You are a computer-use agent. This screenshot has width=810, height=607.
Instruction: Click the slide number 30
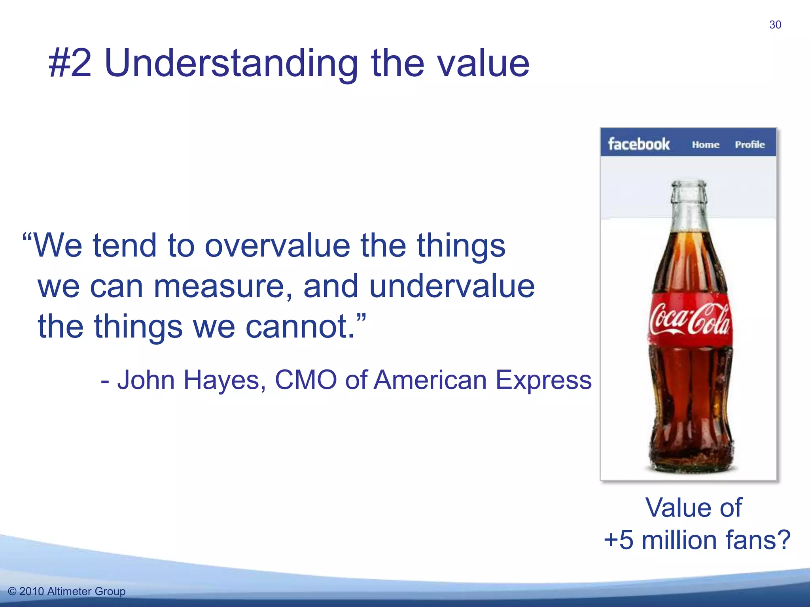coord(775,25)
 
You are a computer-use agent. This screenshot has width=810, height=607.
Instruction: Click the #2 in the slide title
coord(70,63)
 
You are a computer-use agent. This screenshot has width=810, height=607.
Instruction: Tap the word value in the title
coord(484,63)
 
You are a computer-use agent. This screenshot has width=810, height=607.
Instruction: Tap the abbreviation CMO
coord(305,380)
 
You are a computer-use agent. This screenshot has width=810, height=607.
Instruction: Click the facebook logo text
coord(638,144)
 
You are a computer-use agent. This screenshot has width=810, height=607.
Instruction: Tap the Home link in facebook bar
coord(705,145)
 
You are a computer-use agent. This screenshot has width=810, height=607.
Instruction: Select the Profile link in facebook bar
coord(749,145)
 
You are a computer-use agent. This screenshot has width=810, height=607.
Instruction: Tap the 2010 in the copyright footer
coord(31,592)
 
